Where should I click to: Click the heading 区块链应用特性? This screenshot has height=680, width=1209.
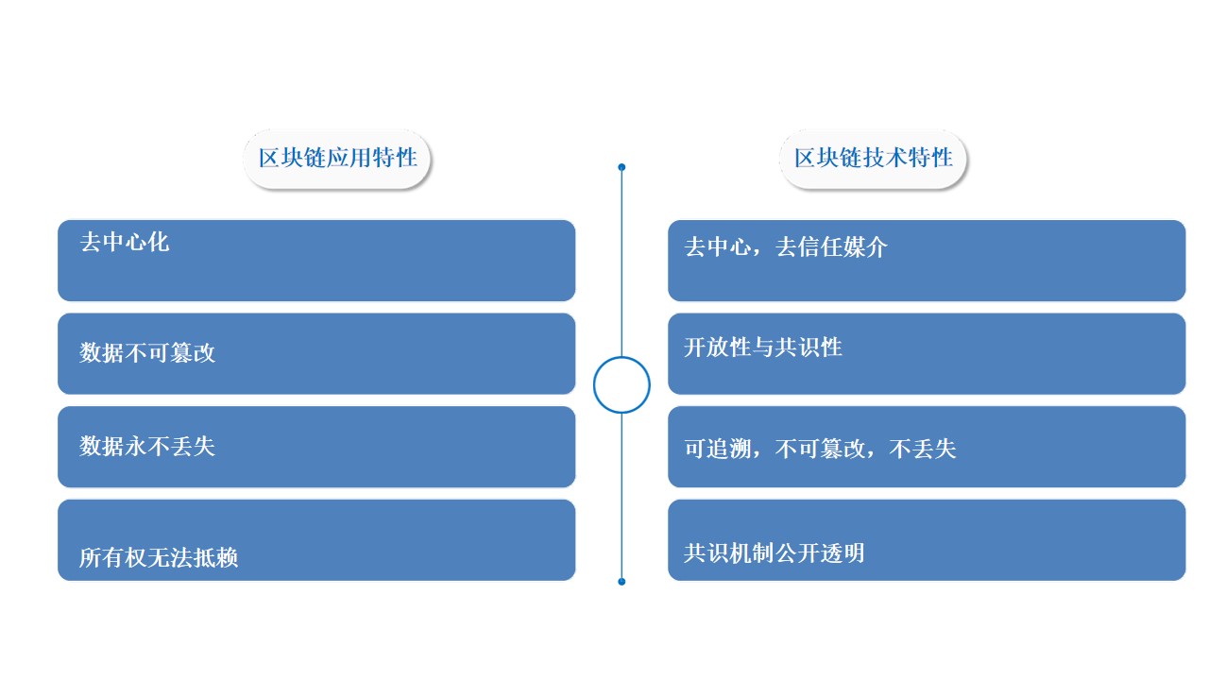[338, 158]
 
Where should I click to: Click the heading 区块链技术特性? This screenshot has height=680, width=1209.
[874, 158]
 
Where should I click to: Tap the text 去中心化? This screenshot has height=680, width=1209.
[125, 243]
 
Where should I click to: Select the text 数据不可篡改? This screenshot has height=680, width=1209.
[147, 353]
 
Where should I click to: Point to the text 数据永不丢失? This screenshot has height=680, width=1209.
[147, 447]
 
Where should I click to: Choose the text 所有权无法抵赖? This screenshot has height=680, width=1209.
[159, 557]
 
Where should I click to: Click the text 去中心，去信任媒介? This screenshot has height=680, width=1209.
[786, 247]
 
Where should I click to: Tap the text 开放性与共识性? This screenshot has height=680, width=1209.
[763, 347]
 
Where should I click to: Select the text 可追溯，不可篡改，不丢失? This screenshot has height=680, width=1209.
[821, 449]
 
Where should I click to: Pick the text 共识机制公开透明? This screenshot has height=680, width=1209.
[775, 553]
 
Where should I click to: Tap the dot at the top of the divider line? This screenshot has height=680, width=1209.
[622, 167]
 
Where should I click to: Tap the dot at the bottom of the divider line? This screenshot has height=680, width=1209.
[622, 582]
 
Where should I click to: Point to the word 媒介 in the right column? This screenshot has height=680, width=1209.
[865, 247]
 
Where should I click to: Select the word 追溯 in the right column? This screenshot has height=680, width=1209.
[730, 449]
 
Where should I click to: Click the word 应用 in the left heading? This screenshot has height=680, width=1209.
[349, 158]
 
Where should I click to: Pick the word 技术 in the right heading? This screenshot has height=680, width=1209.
[885, 158]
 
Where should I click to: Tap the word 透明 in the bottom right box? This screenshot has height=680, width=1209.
[843, 553]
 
